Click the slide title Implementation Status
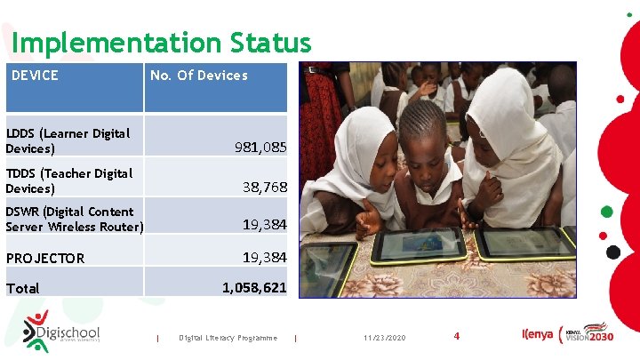(162, 42)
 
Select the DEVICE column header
(35, 76)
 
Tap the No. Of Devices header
(199, 76)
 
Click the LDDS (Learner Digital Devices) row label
(68, 140)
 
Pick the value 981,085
(260, 147)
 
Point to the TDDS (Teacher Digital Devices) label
(68, 180)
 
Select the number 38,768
(265, 187)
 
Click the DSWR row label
(74, 219)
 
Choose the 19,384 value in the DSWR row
(265, 226)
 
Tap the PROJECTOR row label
(45, 259)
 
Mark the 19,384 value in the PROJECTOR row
(265, 258)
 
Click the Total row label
(23, 288)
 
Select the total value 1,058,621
(254, 288)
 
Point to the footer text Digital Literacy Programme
(228, 338)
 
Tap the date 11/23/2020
(384, 338)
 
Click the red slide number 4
(456, 336)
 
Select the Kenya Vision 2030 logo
(565, 334)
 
